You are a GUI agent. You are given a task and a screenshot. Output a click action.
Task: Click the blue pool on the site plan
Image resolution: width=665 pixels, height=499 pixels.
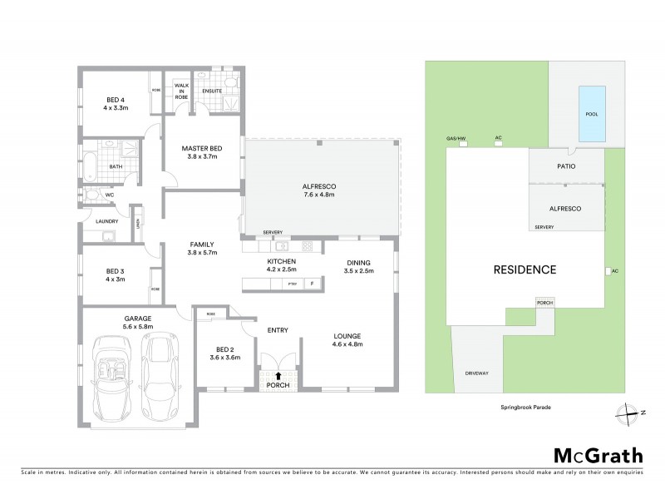tap(591, 114)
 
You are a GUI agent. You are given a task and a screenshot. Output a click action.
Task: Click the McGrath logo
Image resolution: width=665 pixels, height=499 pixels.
tap(598, 455)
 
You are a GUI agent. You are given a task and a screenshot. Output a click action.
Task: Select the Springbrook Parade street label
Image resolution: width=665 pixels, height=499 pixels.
tap(525, 408)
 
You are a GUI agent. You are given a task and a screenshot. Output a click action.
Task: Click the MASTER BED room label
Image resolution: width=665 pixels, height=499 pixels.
tap(203, 152)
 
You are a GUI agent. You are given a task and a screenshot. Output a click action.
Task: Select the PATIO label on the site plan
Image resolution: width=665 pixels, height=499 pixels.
tap(568, 166)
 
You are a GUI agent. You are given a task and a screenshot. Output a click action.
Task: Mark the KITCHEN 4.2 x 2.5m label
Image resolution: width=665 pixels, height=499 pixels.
tap(282, 265)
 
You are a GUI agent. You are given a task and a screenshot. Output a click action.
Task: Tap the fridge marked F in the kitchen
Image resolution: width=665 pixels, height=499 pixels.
tap(313, 284)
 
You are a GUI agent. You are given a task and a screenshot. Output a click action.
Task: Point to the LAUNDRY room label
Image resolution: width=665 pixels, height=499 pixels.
tap(106, 221)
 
